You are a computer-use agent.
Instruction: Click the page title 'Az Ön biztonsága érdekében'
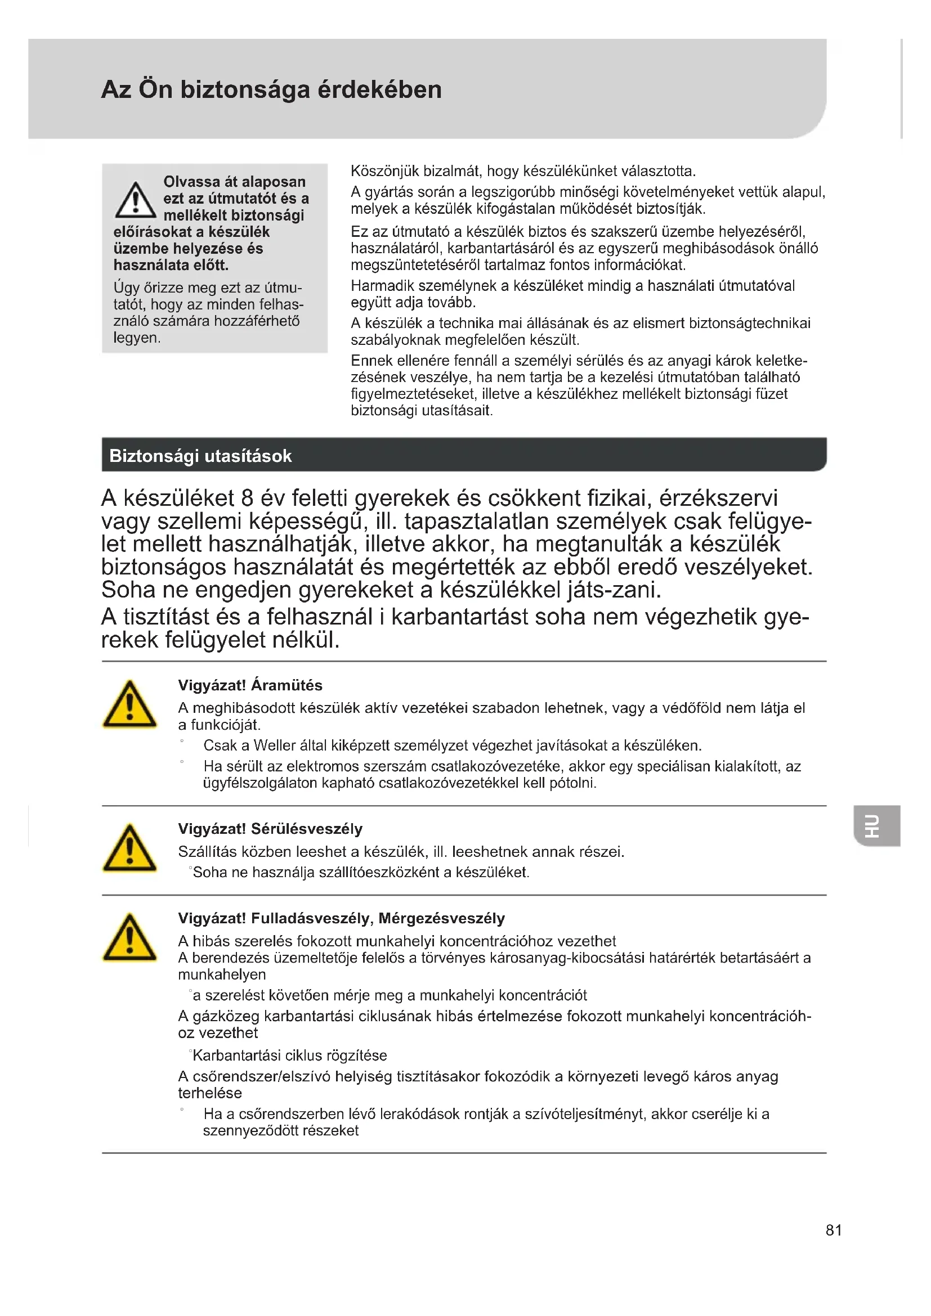(271, 90)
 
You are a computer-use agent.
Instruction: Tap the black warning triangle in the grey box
(135, 201)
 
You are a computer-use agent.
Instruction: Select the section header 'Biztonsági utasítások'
(200, 456)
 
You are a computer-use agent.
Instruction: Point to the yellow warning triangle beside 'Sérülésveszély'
(129, 849)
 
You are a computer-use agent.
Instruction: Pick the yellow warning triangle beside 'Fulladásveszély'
(129, 938)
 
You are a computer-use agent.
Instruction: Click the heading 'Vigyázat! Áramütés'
(250, 685)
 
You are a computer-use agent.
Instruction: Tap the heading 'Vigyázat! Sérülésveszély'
(270, 829)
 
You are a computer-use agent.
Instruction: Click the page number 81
(834, 1230)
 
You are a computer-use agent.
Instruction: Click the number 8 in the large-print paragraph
(247, 498)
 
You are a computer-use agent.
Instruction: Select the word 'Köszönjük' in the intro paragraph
(384, 172)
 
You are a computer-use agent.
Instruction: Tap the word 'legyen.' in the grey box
(137, 338)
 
